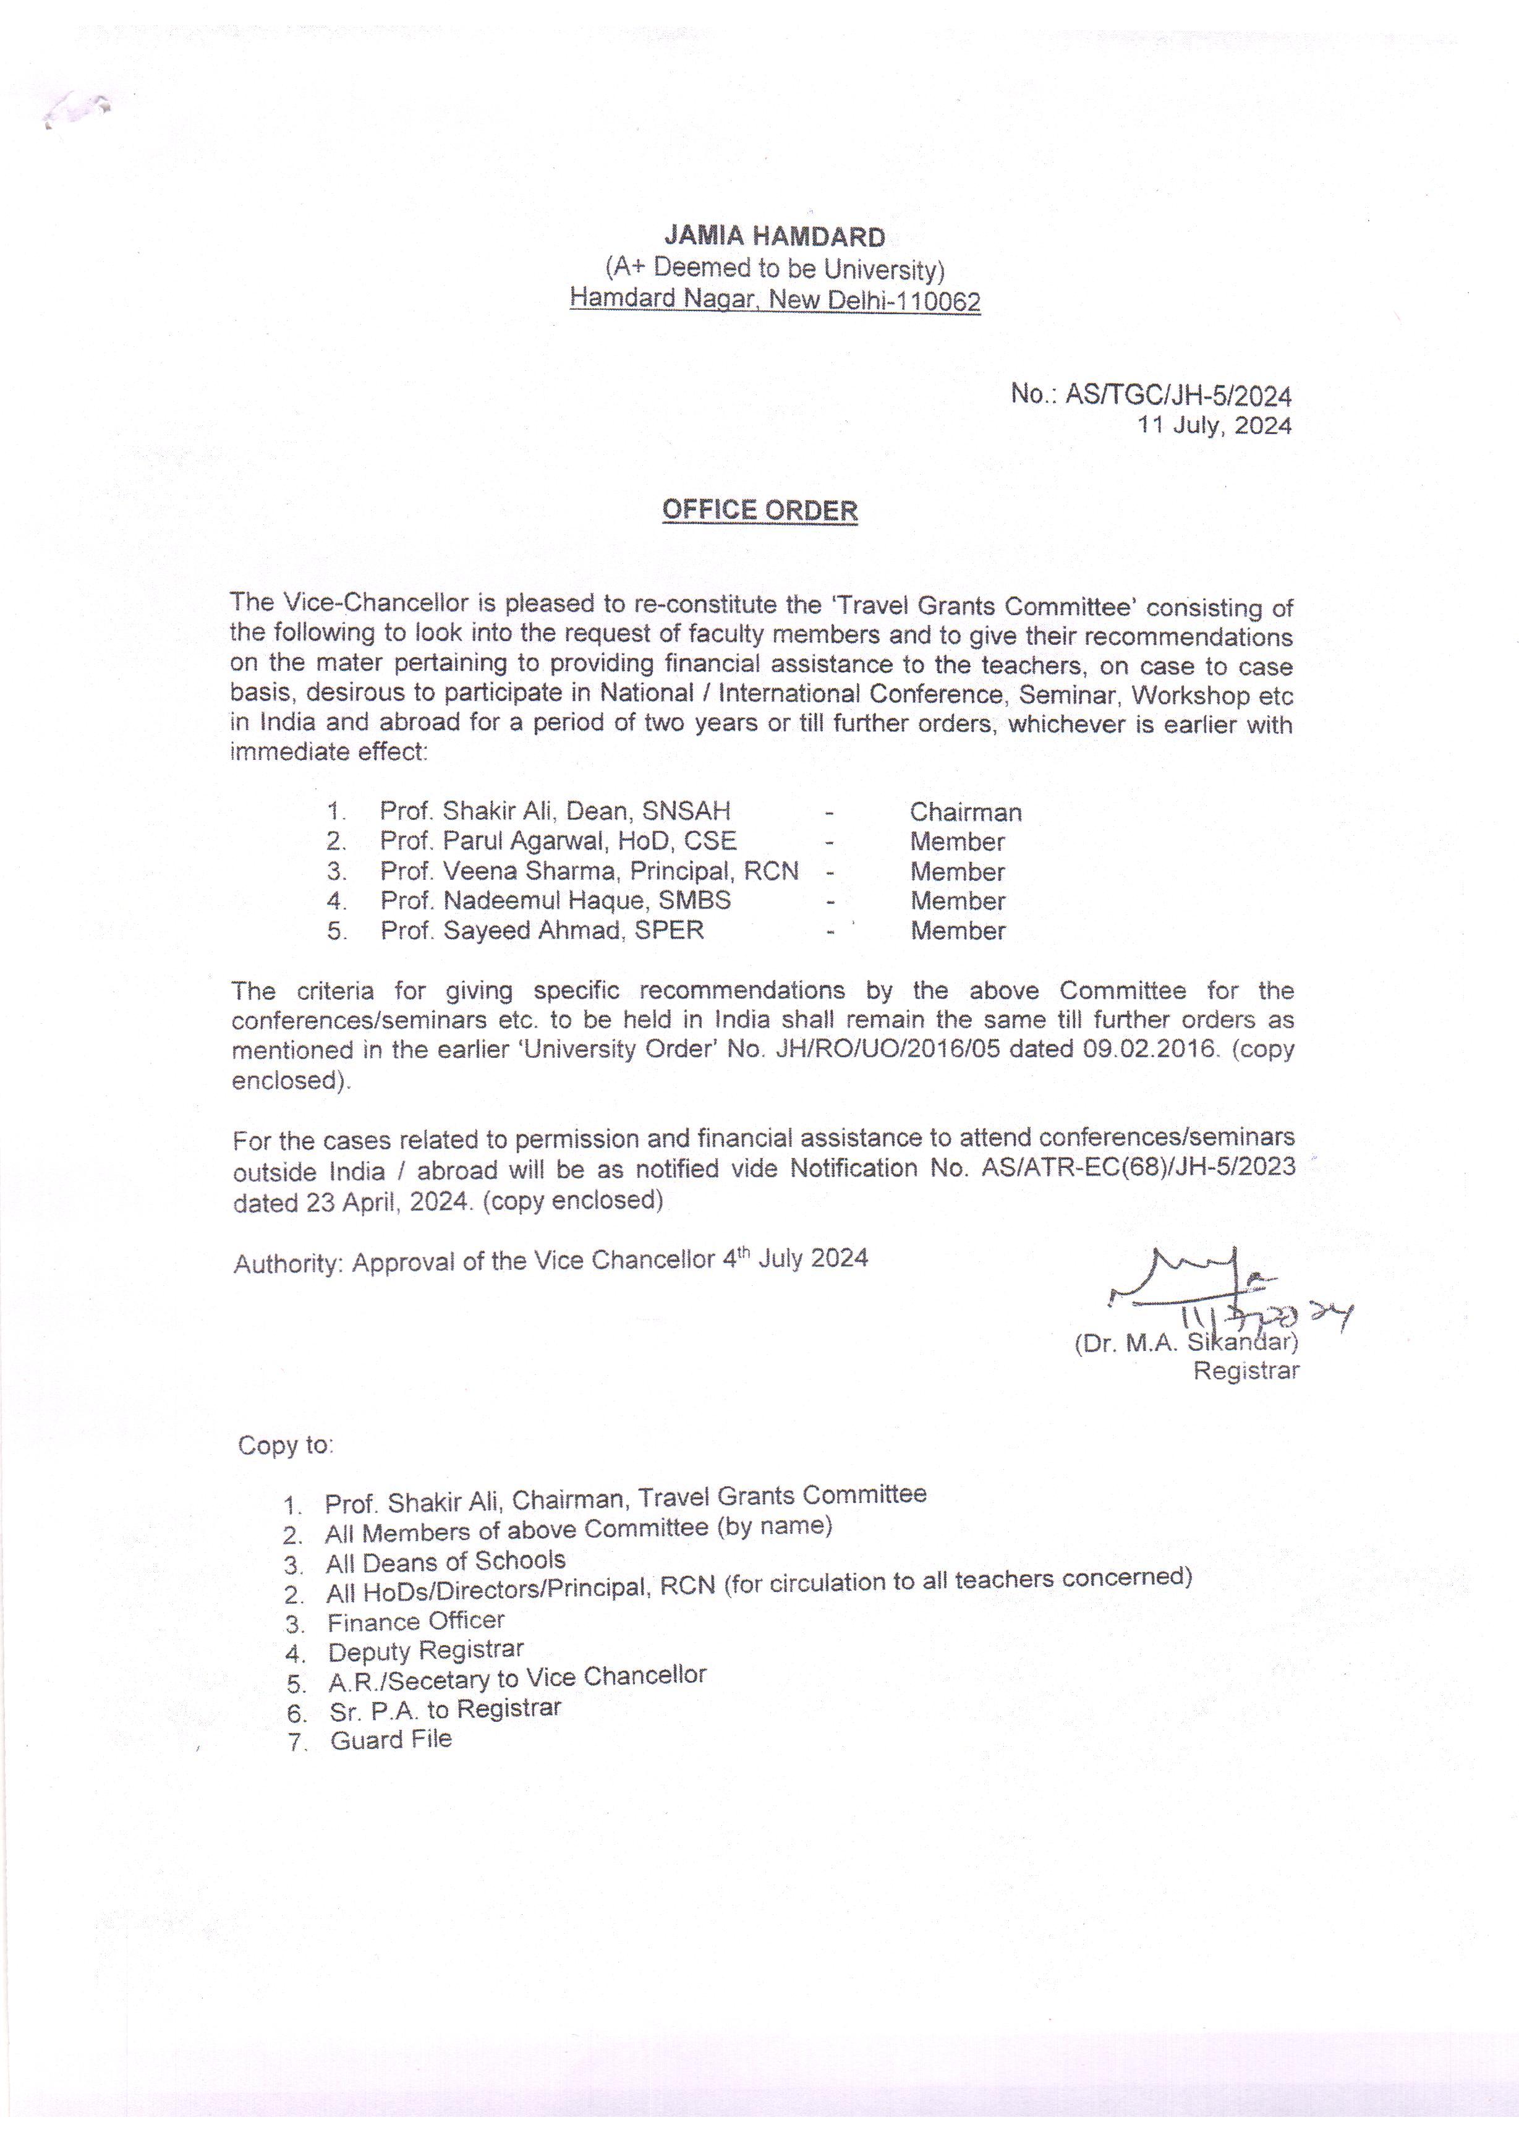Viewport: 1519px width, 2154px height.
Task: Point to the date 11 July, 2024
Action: pos(1214,426)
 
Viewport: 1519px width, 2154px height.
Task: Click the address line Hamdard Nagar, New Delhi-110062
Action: pos(775,300)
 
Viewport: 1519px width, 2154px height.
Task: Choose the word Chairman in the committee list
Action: pos(966,812)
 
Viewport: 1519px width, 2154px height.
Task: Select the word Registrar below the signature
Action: pos(1246,1371)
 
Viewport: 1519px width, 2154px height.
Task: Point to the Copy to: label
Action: pos(285,1445)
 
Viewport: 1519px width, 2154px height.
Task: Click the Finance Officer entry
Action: pos(415,1621)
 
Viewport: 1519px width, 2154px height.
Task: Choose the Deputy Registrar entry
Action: pos(425,1651)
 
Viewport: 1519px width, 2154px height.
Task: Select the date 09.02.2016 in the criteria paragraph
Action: pos(1151,1050)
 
